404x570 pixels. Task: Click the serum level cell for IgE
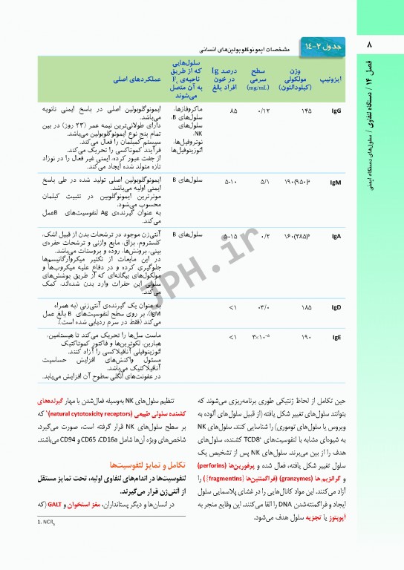tap(261, 338)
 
